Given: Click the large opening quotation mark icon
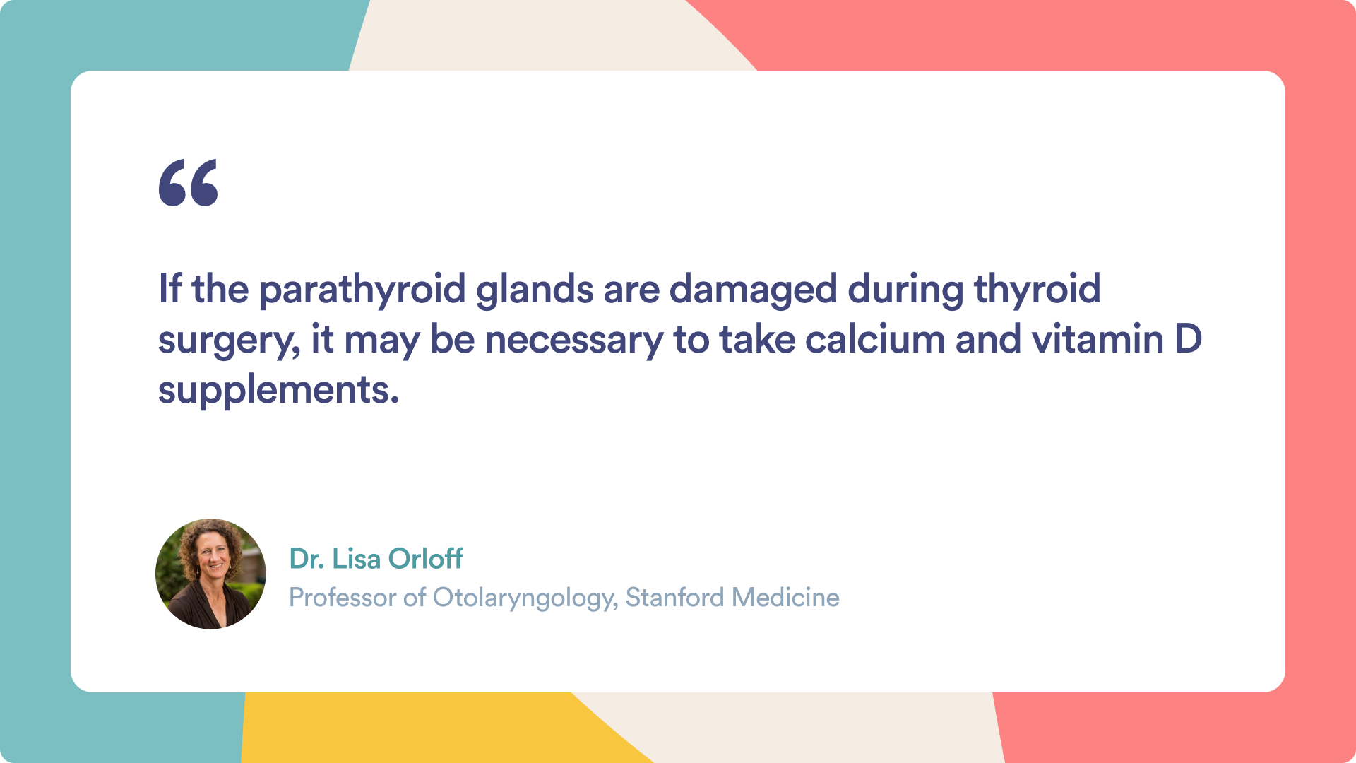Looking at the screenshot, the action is (188, 182).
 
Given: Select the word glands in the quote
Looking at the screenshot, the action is (535, 290).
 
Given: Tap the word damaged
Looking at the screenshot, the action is (753, 290).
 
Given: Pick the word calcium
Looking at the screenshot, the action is (874, 339).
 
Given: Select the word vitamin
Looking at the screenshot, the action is (1098, 339).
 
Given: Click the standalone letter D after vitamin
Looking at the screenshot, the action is (1189, 340).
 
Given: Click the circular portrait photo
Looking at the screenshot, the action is (210, 574).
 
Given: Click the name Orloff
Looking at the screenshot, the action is (426, 558).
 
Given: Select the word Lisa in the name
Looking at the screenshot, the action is (357, 558).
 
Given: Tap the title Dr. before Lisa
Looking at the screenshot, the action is (307, 558).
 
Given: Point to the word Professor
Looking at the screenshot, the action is (343, 598).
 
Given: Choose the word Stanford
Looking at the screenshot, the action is (675, 598).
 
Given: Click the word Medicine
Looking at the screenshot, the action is (786, 598).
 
